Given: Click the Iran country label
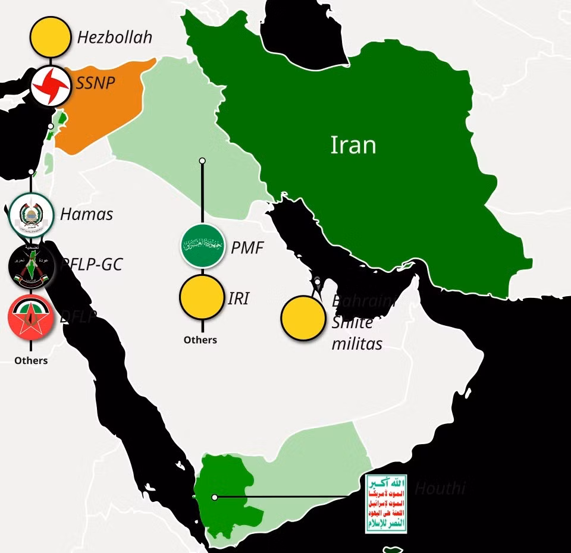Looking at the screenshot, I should click(x=353, y=145).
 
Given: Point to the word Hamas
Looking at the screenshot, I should click(x=86, y=214).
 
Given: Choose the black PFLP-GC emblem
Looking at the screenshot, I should click(x=30, y=265).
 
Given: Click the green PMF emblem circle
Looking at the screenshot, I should click(x=202, y=245).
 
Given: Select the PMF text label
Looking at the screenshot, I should click(x=247, y=247).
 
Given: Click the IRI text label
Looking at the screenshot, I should click(x=238, y=299).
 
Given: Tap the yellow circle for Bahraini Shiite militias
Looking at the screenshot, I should click(x=303, y=318).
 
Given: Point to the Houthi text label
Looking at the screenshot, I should click(x=440, y=489).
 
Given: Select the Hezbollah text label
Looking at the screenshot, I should click(x=115, y=37).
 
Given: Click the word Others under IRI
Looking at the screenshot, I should click(x=200, y=340).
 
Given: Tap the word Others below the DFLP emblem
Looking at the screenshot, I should click(x=31, y=360).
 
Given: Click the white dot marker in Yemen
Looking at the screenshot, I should click(x=215, y=497).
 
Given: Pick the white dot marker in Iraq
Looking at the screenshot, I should click(x=202, y=161).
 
